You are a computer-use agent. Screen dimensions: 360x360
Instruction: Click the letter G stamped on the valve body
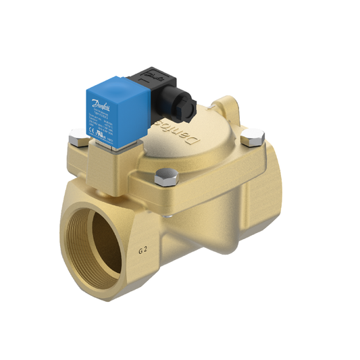(x=140, y=251)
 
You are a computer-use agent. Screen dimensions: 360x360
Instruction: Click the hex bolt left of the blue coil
(x=75, y=140)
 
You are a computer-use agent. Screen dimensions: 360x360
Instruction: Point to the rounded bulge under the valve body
(x=203, y=243)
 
